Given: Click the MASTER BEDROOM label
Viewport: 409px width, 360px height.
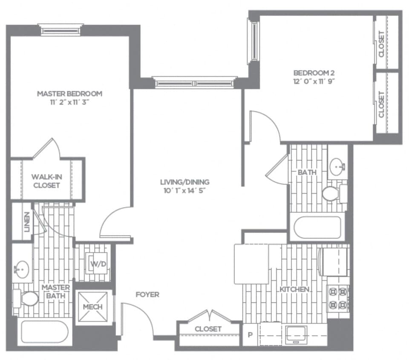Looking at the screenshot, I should click(69, 94).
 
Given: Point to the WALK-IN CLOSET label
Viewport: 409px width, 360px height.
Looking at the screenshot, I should click(46, 181).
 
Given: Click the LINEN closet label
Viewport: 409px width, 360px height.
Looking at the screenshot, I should click(27, 222).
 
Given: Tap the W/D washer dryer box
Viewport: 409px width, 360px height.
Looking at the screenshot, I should click(98, 264).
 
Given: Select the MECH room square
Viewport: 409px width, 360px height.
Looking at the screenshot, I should click(92, 307).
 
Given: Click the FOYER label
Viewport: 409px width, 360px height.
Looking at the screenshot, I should click(147, 295).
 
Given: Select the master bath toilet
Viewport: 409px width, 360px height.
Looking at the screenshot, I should click(27, 298).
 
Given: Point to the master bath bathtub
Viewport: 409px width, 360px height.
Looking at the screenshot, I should click(44, 331).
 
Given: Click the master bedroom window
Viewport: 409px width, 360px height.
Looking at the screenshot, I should click(60, 30).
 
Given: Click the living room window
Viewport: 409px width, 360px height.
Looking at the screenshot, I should click(195, 82).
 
